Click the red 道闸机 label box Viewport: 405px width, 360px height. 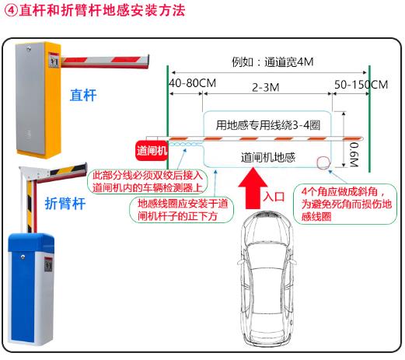tap(152, 150)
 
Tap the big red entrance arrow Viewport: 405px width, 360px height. tap(253, 189)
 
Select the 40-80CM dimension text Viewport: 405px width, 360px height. tap(192, 83)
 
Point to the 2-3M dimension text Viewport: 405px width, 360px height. tap(266, 87)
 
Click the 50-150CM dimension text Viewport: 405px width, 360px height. tap(361, 85)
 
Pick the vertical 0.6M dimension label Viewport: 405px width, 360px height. tap(354, 154)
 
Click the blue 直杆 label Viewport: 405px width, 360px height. tap(83, 95)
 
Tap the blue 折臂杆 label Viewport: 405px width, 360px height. tap(65, 203)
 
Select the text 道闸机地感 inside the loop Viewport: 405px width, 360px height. tap(268, 157)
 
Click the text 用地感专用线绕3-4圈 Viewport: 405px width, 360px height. tap(268, 125)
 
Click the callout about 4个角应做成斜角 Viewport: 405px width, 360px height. tap(345, 204)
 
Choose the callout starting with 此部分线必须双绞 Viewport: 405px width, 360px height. tap(148, 182)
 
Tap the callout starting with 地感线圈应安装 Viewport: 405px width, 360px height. tap(182, 210)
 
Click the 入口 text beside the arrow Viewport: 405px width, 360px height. tap(274, 197)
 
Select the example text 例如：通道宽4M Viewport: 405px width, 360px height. tap(273, 62)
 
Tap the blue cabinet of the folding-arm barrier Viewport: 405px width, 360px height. tap(31, 289)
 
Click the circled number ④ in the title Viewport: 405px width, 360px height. tap(11, 11)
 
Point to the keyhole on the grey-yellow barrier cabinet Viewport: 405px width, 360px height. tap(28, 48)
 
